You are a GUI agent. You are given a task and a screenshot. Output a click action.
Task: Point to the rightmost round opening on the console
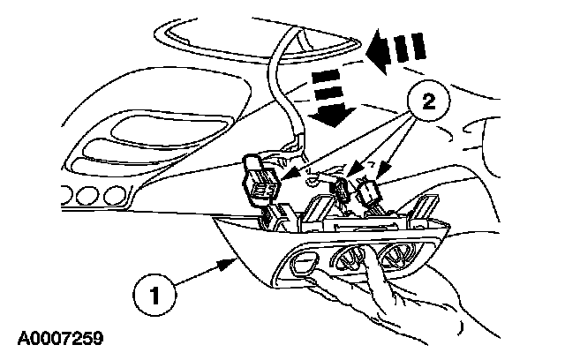point(394,258)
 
